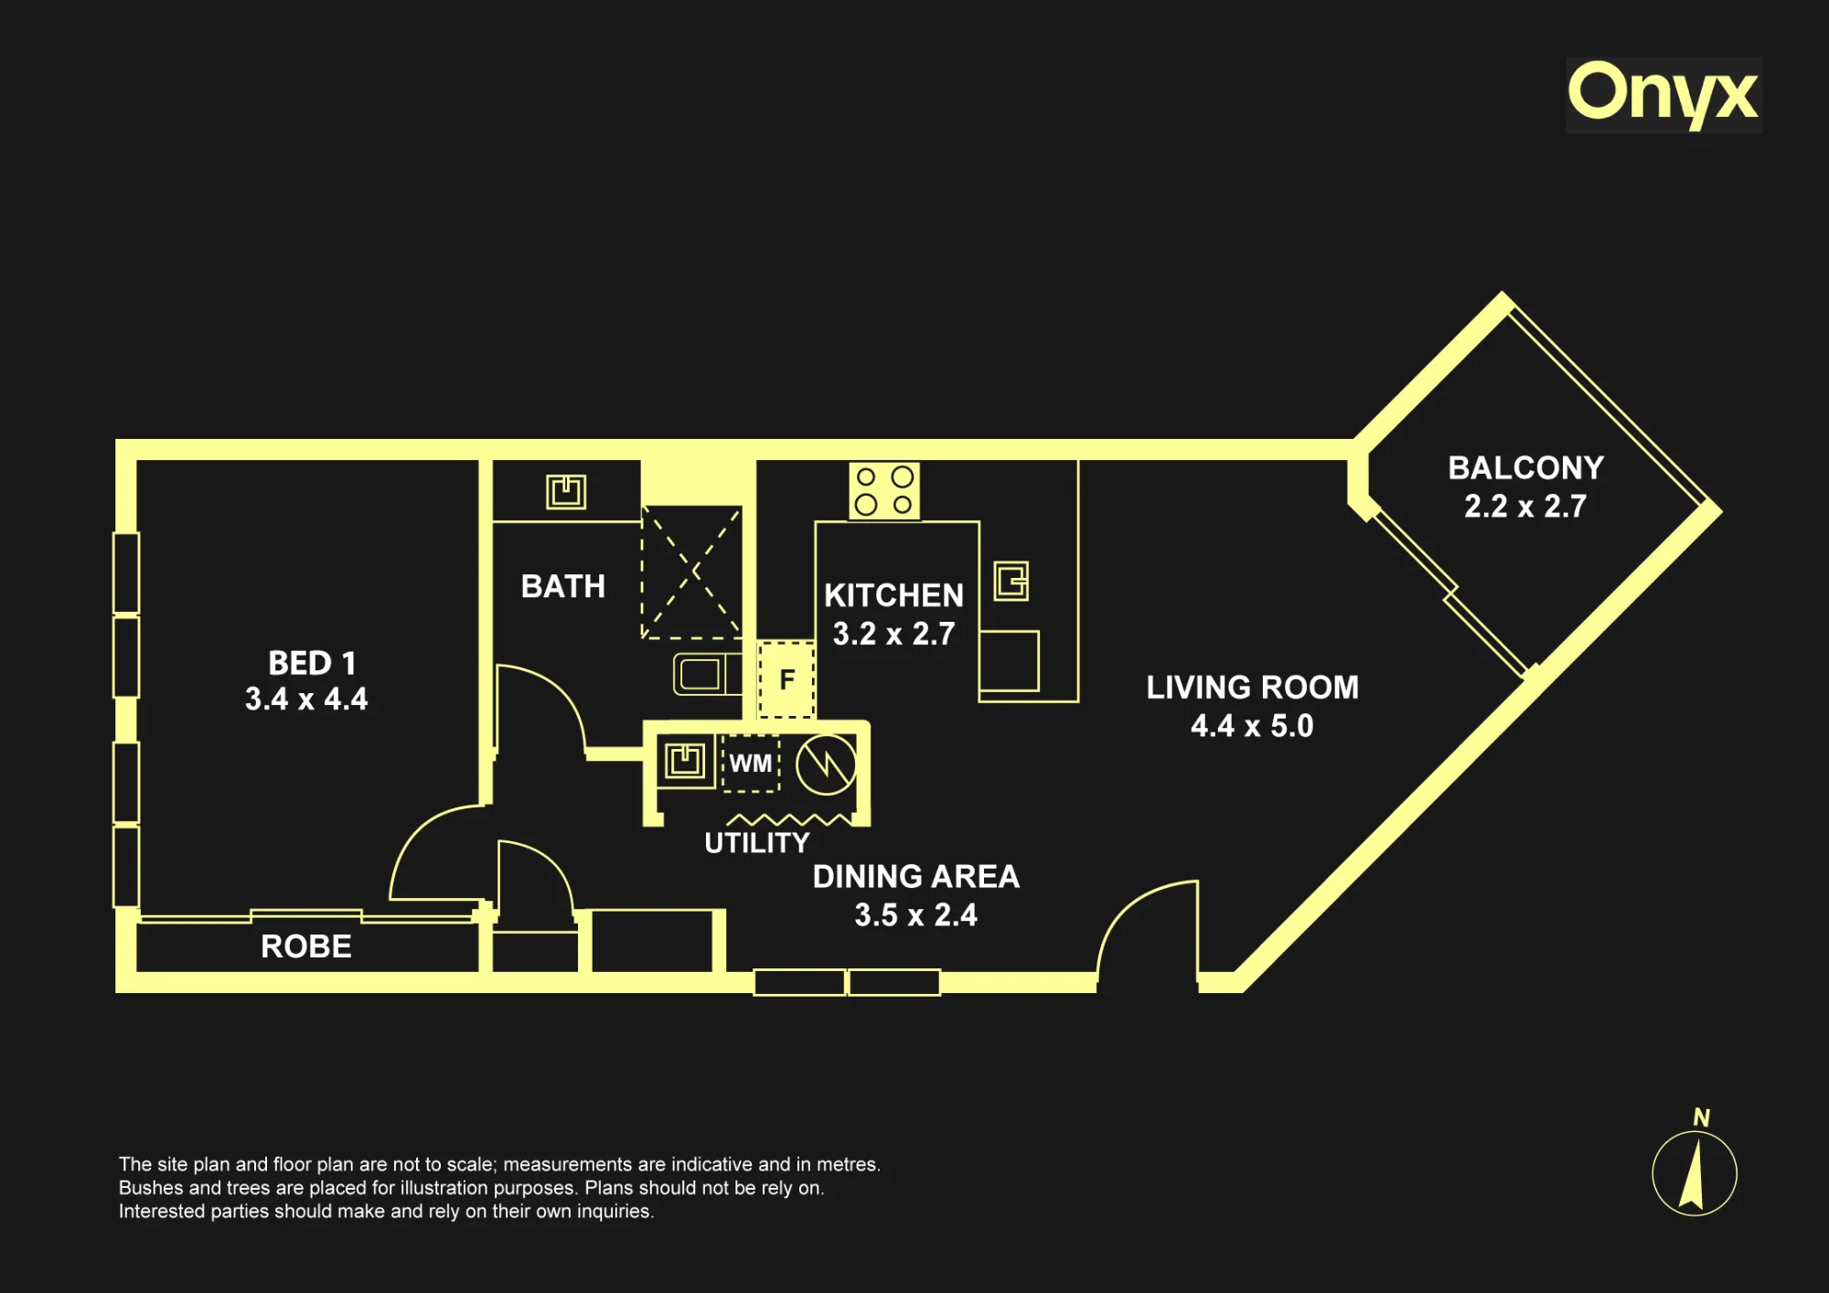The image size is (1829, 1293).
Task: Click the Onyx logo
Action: point(1663,94)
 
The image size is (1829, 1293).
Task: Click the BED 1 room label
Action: point(312,662)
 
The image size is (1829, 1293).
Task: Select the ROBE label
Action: point(306,946)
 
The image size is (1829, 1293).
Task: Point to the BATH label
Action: point(563,586)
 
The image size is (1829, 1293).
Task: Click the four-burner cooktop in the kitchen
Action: point(884,490)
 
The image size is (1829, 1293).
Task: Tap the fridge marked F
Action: point(786,679)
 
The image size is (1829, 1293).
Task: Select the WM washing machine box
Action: point(751,763)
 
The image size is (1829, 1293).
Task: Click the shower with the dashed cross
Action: point(691,572)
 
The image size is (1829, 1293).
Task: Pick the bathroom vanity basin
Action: point(566,492)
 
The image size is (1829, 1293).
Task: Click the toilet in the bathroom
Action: point(707,675)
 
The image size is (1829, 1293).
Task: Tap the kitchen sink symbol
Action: point(1011,581)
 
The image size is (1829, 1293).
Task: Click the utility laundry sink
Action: point(685,761)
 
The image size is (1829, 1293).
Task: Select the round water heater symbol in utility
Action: point(826,764)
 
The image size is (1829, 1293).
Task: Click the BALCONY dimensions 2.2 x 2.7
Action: point(1525,507)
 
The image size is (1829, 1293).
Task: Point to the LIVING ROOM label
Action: point(1253,688)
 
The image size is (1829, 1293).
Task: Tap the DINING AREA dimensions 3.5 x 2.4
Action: point(916,915)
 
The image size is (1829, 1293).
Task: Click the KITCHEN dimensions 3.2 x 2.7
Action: point(894,634)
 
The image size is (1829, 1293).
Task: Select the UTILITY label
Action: point(757,843)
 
